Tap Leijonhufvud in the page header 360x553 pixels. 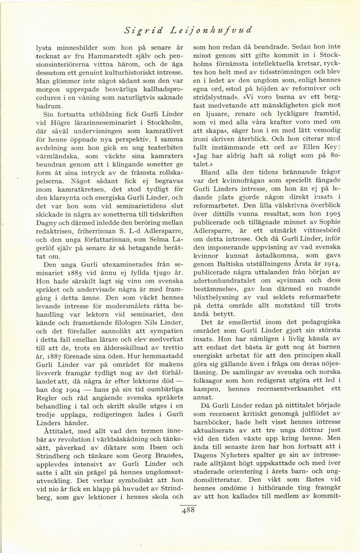pyautogui.click(x=212, y=30)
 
